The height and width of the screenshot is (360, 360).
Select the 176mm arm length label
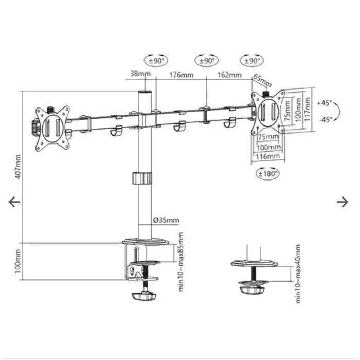pos(181,75)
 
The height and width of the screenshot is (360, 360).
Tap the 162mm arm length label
pos(229,75)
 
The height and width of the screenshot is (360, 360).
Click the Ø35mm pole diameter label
pos(166,221)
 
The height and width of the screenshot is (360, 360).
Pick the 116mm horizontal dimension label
pos(268,156)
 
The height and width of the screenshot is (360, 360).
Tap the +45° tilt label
pos(325,103)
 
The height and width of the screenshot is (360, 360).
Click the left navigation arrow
pos(14,202)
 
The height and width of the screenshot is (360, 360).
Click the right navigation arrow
pos(343,202)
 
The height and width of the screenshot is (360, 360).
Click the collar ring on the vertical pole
pos(142,178)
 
